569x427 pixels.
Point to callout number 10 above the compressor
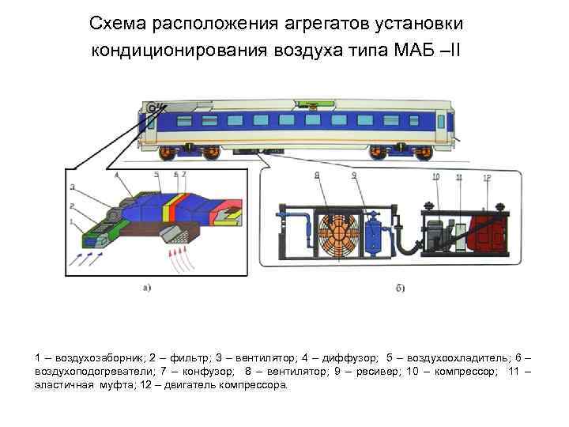click(x=435, y=176)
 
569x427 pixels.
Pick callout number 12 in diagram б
click(x=488, y=178)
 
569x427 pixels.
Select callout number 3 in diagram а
click(x=72, y=187)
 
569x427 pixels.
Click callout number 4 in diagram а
click(x=116, y=176)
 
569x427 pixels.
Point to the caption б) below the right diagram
click(x=400, y=288)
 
